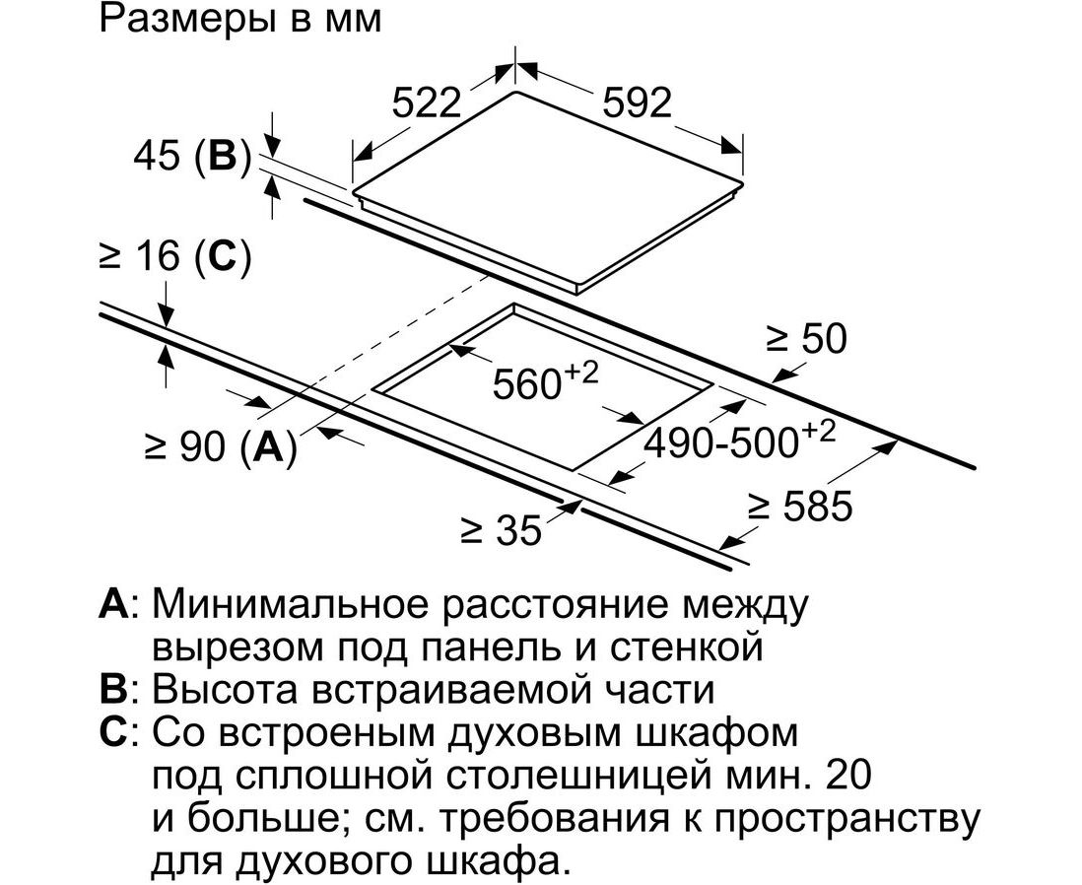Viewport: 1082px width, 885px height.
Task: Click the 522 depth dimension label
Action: tap(427, 103)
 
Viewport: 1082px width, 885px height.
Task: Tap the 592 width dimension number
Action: tap(637, 103)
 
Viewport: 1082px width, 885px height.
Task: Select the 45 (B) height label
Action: tap(192, 157)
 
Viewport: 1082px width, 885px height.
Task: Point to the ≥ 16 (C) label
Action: tap(175, 257)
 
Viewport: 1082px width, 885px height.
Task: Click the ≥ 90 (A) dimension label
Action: tap(221, 446)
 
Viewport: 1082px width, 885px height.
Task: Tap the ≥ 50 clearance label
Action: tap(806, 339)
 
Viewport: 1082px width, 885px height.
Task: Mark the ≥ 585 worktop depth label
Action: tap(801, 506)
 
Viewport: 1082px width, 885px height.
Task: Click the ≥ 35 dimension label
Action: tap(502, 531)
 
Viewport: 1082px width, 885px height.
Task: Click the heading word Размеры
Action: tap(180, 20)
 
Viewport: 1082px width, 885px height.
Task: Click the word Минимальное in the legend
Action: tap(290, 604)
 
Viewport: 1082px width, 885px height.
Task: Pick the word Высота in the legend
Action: tap(226, 690)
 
